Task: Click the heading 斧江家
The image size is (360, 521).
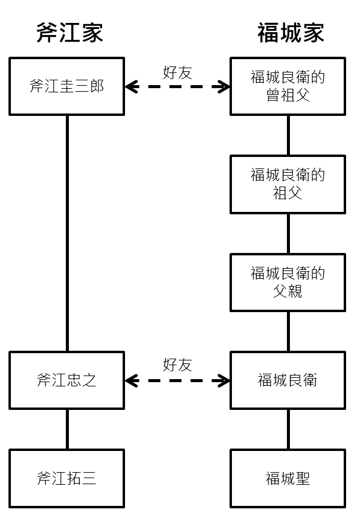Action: click(69, 33)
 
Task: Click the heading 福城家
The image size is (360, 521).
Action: click(291, 33)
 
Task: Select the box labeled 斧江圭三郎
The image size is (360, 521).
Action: click(67, 86)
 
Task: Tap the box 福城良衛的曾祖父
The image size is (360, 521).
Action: click(288, 86)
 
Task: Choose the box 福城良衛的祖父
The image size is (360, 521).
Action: click(288, 184)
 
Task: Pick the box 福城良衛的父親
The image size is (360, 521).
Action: click(288, 283)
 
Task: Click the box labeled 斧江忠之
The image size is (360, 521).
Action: click(67, 380)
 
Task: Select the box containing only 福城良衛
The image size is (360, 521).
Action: click(288, 380)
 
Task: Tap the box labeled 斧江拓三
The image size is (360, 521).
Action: click(67, 479)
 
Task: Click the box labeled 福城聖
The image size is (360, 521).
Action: click(288, 479)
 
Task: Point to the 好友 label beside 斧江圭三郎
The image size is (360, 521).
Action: click(178, 72)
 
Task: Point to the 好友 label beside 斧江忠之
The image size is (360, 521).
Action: click(178, 365)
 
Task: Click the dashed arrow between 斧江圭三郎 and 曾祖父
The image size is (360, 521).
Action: click(177, 87)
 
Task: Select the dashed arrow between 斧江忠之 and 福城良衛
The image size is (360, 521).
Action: click(177, 381)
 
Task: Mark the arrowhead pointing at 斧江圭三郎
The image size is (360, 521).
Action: click(130, 87)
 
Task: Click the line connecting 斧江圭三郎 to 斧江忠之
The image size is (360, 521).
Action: click(67, 233)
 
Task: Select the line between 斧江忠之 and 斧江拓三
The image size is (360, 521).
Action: click(67, 429)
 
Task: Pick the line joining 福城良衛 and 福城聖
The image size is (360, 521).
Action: click(288, 429)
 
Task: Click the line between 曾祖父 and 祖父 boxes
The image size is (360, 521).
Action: click(288, 135)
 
